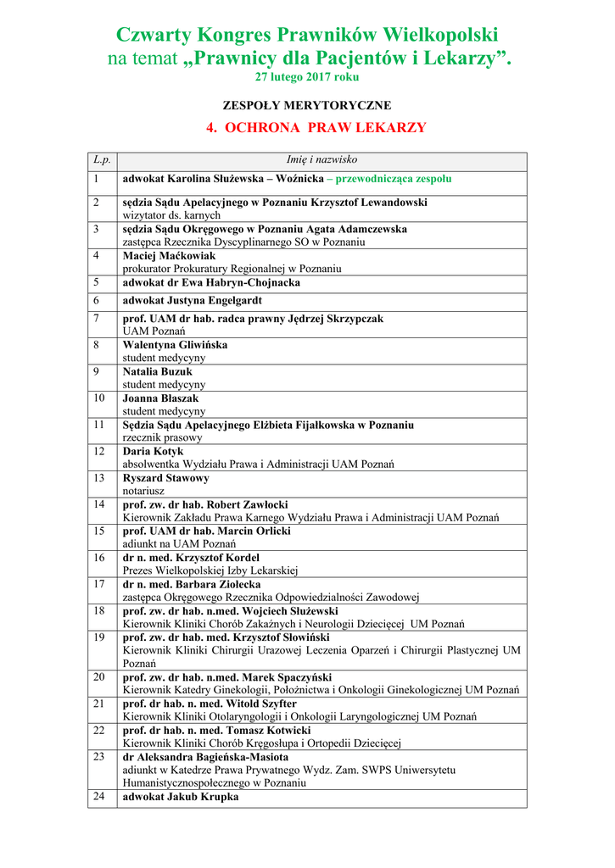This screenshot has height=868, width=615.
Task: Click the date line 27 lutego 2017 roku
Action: (x=307, y=77)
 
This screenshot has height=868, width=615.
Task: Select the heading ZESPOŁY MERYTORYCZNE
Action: (x=307, y=106)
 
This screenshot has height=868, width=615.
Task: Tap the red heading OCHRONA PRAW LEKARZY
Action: (x=316, y=128)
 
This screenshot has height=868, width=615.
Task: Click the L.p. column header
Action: (x=102, y=159)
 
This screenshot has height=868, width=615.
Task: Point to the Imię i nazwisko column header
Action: (x=321, y=159)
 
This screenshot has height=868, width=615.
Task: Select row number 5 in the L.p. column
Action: (x=97, y=282)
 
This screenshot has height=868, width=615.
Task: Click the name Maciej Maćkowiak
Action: (x=169, y=256)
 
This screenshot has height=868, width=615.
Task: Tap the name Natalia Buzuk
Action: (x=158, y=372)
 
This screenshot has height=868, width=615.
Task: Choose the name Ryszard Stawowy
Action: (x=165, y=478)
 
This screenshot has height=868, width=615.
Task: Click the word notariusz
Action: (x=143, y=491)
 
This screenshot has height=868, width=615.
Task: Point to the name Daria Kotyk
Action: (x=153, y=452)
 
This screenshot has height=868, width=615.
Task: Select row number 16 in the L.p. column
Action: (x=99, y=558)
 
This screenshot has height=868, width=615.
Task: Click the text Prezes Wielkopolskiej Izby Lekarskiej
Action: (x=210, y=570)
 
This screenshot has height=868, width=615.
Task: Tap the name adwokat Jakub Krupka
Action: (x=181, y=797)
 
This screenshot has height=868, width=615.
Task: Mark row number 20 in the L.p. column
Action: (x=99, y=677)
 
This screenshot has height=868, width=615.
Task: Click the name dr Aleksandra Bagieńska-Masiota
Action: (x=205, y=757)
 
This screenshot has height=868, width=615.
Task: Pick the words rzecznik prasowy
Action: (x=163, y=438)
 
